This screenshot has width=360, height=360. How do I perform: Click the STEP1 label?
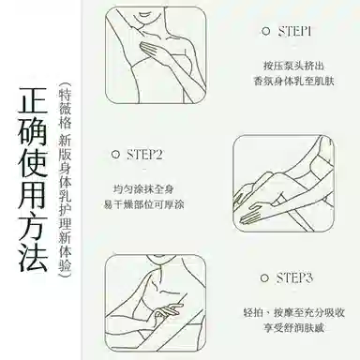pos(294,32)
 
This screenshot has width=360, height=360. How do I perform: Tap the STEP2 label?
pos(144,155)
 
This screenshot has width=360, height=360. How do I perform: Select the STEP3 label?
pos(294,277)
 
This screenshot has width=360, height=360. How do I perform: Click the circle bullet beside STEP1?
pos(265,31)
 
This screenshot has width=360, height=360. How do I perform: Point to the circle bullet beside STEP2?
pos(115,155)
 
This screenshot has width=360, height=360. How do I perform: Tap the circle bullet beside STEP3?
pos(264,277)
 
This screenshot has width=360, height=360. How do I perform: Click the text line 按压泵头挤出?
pos(293,66)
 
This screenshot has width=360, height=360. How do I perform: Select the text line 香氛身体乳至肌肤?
pos(293,82)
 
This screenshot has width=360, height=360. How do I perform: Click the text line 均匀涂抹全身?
pos(143,189)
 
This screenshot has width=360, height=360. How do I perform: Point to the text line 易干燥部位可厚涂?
pos(143,204)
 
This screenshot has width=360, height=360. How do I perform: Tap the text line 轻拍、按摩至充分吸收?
pos(293,312)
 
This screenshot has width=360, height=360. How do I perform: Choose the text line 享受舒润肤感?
pos(293,328)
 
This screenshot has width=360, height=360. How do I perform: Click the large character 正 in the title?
pos(33,99)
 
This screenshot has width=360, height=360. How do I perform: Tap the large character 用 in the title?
pos(33,194)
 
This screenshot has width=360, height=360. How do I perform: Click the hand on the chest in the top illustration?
pos(157,50)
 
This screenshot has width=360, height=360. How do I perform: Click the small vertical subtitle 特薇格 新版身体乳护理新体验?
pos(65,180)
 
